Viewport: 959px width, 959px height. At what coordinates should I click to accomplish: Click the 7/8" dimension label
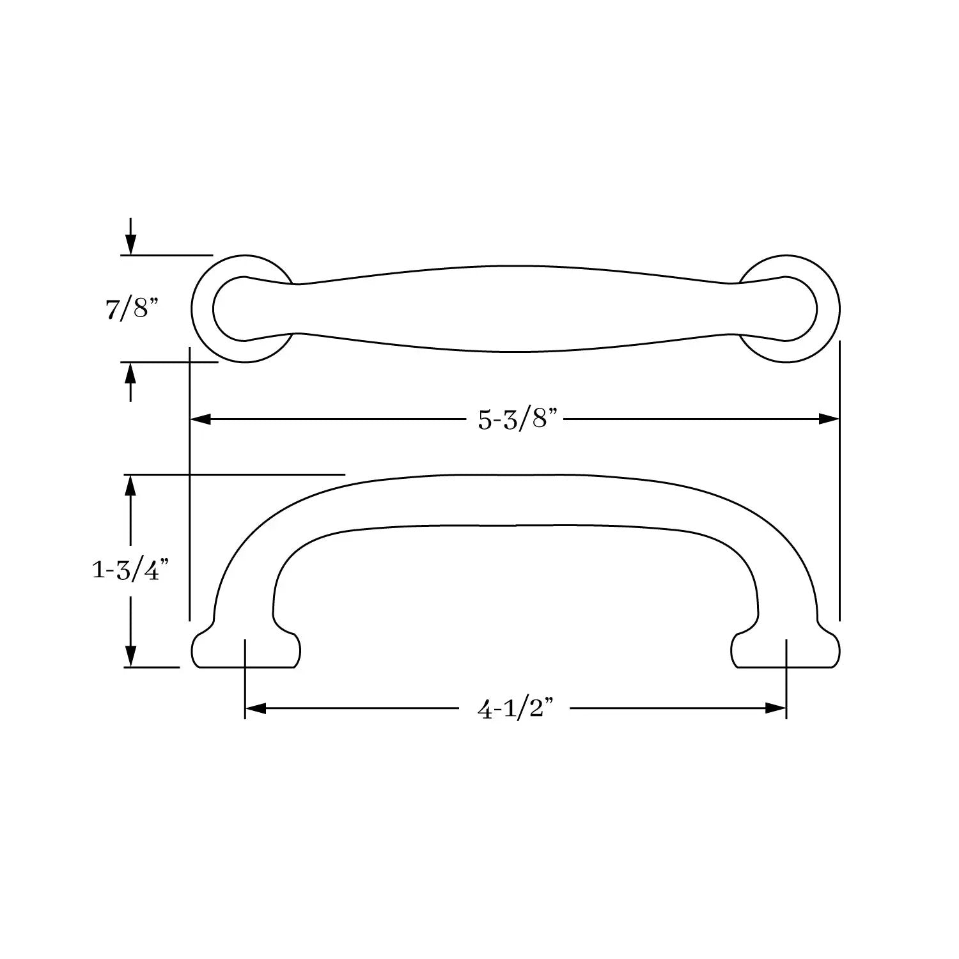pyautogui.click(x=130, y=309)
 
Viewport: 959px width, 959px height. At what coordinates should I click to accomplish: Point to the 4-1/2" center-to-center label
pyautogui.click(x=515, y=709)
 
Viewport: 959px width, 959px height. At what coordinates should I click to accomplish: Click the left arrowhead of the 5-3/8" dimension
pyautogui.click(x=201, y=419)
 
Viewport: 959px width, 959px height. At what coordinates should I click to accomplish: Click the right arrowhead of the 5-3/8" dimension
pyautogui.click(x=829, y=419)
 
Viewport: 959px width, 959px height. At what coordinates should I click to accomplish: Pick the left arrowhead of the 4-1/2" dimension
pyautogui.click(x=256, y=708)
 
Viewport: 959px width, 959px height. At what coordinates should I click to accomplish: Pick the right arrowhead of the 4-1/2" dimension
pyautogui.click(x=776, y=708)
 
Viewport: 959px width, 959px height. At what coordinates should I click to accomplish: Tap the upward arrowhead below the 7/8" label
pyautogui.click(x=130, y=373)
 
